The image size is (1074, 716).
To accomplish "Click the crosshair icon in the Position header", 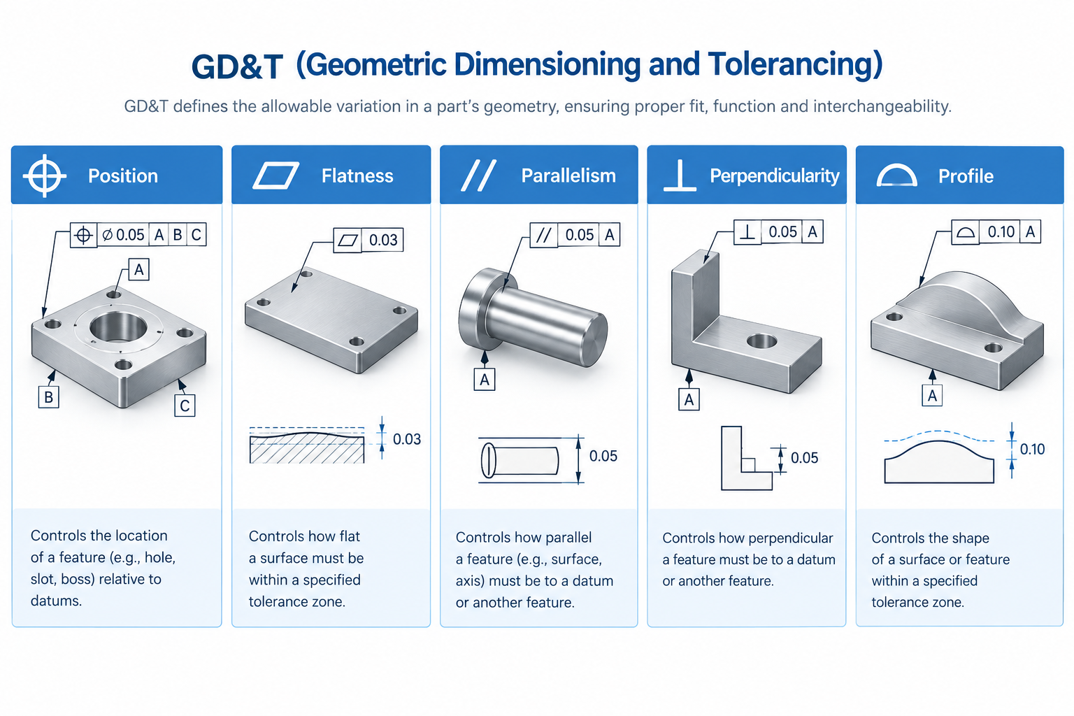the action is coord(45,176).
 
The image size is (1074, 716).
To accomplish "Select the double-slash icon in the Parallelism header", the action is coord(478,176).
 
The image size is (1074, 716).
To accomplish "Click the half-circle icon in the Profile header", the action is coord(896,176).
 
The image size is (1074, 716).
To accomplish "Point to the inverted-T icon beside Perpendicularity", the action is coord(680,176).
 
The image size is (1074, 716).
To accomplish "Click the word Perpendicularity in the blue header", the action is coord(774,176).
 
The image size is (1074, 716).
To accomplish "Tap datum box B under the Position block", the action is coord(48,397).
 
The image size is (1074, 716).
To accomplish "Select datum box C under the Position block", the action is coord(185,406).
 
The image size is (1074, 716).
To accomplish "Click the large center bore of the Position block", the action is coord(118,327).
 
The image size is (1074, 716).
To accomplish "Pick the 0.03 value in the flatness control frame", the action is coord(383,240).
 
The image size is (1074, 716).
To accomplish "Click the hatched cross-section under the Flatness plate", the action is coord(307,448).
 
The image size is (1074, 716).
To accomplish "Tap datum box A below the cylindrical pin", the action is coord(485,380).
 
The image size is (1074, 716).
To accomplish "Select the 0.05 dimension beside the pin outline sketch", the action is coord(603,456).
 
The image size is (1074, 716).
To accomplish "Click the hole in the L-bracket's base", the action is coord(762,341).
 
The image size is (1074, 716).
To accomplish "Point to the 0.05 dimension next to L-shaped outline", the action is coord(804,457).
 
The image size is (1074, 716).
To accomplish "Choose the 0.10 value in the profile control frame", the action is coord(1001,232).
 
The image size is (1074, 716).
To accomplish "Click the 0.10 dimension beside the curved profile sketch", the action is coord(1032,450).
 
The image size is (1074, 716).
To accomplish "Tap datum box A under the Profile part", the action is coord(932,396).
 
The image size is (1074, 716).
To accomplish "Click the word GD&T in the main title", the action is coord(237,66).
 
